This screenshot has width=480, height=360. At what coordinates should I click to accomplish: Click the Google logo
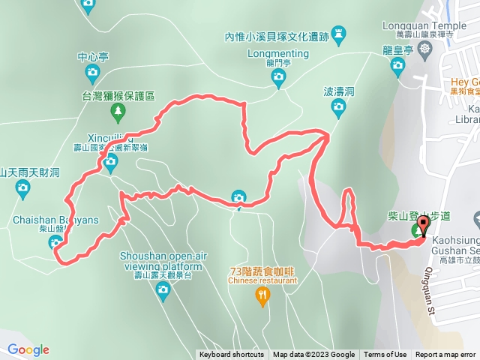click(28, 349)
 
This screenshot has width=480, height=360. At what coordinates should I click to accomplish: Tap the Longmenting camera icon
click(277, 76)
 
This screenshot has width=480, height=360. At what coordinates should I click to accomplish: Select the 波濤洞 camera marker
click(338, 107)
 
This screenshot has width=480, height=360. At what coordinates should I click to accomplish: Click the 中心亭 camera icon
click(92, 73)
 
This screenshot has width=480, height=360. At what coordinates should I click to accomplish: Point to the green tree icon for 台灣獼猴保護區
click(118, 113)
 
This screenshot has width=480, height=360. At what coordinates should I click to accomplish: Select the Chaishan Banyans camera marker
click(55, 241)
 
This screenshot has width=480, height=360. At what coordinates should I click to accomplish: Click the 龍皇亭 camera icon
click(398, 67)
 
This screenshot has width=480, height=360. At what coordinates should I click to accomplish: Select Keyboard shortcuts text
click(231, 355)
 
